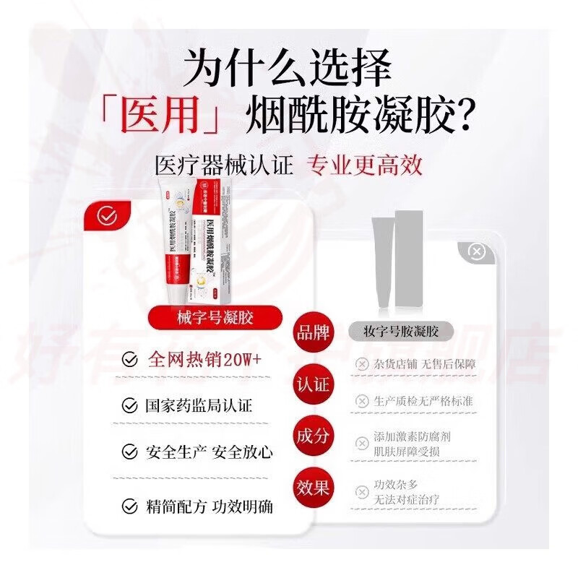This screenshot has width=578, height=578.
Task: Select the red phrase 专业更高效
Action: pos(365,165)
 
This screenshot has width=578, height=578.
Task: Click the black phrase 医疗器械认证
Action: pos(224,165)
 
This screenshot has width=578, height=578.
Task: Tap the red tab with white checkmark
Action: pos(107,215)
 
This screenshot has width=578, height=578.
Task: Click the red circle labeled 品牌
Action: pos(312,333)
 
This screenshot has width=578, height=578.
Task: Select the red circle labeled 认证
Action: pos(312,384)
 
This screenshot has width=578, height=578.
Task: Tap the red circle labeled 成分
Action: pos(312,435)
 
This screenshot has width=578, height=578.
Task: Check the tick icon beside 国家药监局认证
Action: pos(129,405)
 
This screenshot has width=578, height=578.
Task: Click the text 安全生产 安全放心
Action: pos(210,452)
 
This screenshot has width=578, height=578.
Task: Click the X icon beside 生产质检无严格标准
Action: pos(361,400)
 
